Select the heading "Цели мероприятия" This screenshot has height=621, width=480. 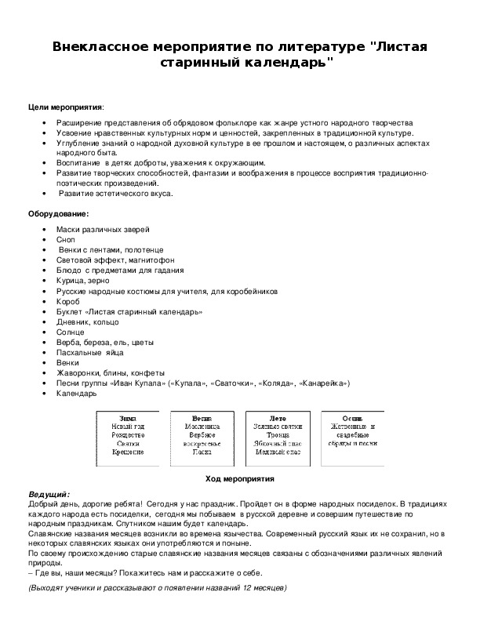pos(65,107)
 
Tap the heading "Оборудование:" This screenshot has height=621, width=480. pos(59,213)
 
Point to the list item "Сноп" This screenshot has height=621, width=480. pos(66,239)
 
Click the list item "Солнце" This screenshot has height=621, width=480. pos(70,332)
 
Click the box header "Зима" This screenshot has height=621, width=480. pos(128,418)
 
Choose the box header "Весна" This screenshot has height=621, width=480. pos(202,418)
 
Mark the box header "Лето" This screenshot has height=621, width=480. pos(277,418)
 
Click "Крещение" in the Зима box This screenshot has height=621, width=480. pos(128,452)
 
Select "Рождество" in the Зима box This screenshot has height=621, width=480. pos(128,435)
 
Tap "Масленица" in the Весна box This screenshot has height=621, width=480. pos(202,427)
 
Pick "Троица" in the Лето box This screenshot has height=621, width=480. pos(277,435)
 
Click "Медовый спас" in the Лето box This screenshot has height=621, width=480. pos(277,452)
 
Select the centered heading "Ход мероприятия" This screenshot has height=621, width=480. pos(239,478)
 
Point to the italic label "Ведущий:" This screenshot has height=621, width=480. pos(49,494)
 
